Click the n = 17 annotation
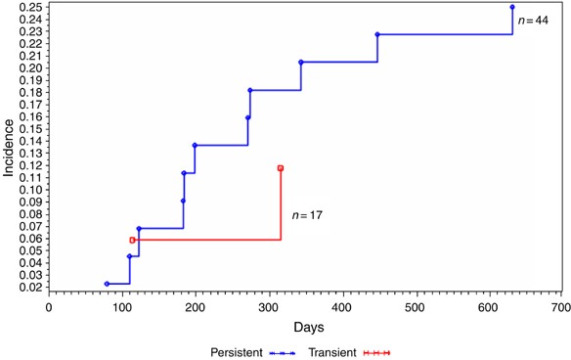tap(307, 214)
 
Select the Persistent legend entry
tap(255, 351)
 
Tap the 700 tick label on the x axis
tap(560, 306)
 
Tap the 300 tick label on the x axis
tap(268, 306)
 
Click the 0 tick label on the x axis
tap(49, 306)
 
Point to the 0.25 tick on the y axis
tap(29, 8)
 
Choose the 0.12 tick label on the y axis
tap(29, 165)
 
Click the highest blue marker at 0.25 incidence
tap(512, 7)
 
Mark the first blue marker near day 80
tap(107, 284)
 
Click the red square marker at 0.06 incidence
tap(132, 240)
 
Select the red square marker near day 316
tap(281, 168)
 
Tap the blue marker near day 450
tap(377, 35)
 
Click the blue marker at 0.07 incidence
tap(139, 229)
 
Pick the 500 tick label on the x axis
tap(415, 306)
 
